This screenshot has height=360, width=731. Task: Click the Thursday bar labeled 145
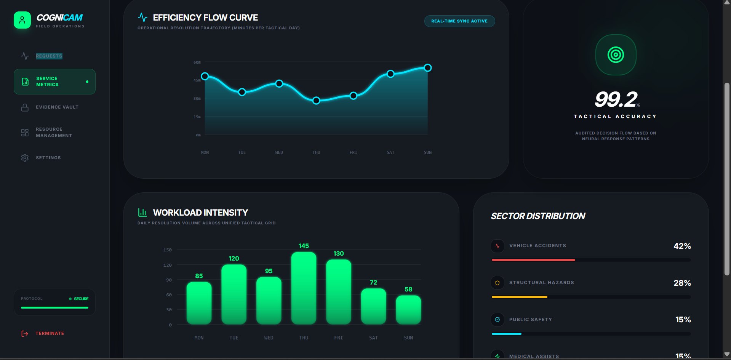click(x=304, y=288)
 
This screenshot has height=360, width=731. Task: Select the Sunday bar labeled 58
click(x=408, y=310)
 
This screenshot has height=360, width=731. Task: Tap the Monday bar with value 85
click(x=199, y=303)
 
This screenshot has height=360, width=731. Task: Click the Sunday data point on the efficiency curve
click(x=428, y=68)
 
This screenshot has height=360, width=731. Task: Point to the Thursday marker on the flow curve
click(x=316, y=101)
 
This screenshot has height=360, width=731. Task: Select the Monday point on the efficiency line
click(x=205, y=76)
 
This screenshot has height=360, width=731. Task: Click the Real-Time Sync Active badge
click(x=459, y=21)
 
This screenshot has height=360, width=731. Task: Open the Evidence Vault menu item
click(x=57, y=107)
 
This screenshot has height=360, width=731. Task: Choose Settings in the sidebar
click(x=48, y=158)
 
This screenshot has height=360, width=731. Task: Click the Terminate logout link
click(x=50, y=334)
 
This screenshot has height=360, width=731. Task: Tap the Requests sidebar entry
click(x=49, y=56)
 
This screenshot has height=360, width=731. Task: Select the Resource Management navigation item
click(x=54, y=133)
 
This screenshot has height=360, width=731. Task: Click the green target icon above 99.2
click(x=616, y=55)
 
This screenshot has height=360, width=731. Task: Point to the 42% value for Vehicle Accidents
click(x=682, y=246)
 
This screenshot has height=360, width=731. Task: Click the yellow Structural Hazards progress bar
click(x=520, y=297)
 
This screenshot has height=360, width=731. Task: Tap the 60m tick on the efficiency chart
click(x=197, y=62)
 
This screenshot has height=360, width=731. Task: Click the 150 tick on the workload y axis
click(x=168, y=250)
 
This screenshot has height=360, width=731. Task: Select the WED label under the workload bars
click(x=269, y=338)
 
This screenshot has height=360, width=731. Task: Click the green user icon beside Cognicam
click(x=22, y=20)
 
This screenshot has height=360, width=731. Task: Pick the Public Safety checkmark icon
click(x=497, y=320)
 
